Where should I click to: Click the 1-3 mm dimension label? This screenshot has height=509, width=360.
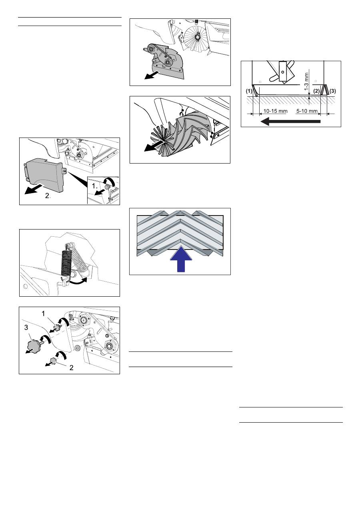306,81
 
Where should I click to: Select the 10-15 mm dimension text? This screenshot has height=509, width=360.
275,111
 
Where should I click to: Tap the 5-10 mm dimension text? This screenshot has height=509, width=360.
307,111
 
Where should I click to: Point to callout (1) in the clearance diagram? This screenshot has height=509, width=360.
249,91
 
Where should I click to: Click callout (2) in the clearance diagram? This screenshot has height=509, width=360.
316,91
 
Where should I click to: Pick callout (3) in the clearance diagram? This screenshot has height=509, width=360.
332,91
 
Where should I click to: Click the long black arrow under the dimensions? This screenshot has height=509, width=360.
290,121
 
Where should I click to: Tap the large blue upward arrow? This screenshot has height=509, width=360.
181,259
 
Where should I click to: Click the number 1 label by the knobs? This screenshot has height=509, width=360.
43,313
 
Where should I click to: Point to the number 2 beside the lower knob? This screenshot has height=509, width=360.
71,368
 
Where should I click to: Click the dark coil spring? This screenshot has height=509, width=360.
66,262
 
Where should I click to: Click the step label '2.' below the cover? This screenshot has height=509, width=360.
48,196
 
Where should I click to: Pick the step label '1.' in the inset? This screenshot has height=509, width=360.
94,186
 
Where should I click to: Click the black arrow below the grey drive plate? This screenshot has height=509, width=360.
152,76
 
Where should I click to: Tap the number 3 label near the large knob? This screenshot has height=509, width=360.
26,327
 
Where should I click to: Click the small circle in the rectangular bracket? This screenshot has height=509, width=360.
282,72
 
